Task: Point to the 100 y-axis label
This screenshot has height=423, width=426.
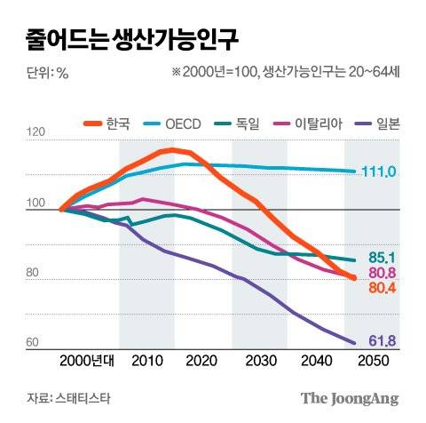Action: click(x=35, y=204)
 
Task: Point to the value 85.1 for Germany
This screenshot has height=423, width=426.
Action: click(x=381, y=259)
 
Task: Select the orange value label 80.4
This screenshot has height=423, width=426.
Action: click(x=381, y=288)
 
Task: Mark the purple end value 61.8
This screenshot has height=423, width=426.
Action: click(x=381, y=341)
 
